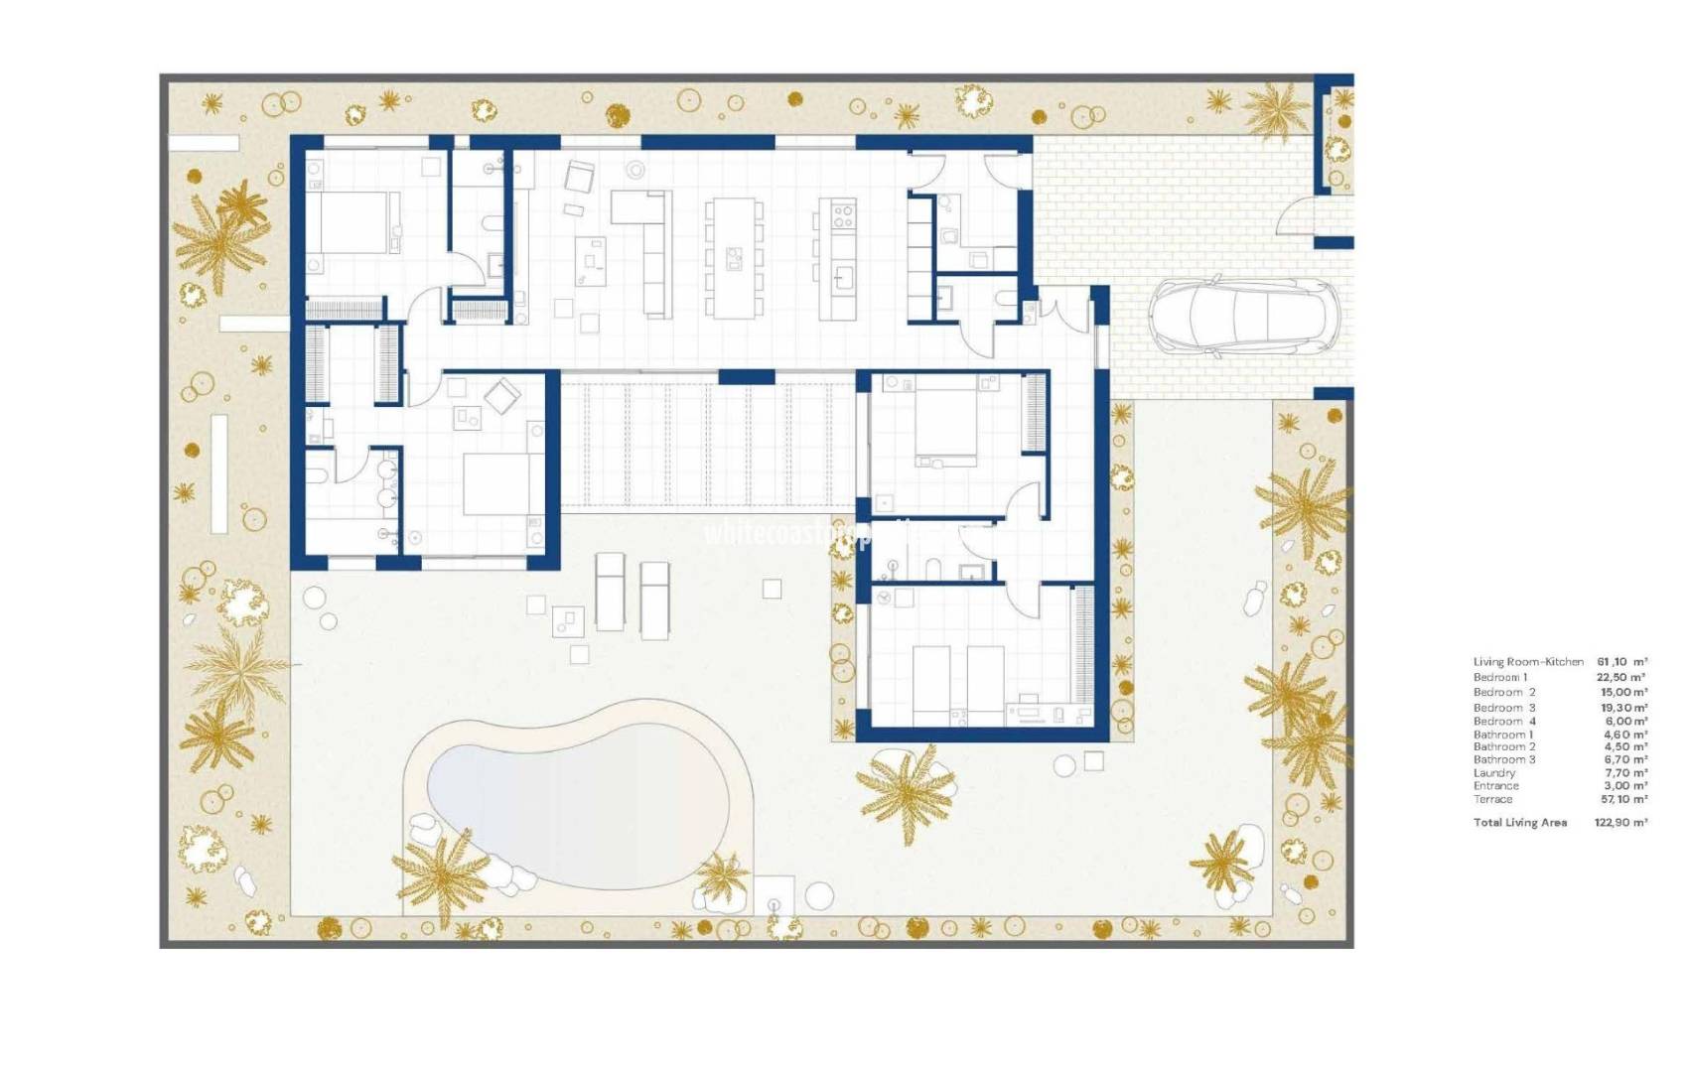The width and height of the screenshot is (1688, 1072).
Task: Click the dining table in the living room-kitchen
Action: (734, 259)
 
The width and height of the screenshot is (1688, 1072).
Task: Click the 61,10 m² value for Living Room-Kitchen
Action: (1621, 661)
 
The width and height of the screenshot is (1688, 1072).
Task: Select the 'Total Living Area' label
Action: (1519, 822)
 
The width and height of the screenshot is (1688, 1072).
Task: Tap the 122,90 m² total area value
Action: (1620, 822)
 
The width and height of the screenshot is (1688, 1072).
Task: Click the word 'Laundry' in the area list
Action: (1493, 772)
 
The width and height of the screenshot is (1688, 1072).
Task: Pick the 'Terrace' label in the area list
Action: (1492, 799)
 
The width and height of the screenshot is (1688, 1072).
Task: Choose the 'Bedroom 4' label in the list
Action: (1504, 721)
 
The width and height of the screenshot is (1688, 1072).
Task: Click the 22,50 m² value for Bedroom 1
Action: (1621, 677)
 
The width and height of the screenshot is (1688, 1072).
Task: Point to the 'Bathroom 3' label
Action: (1503, 759)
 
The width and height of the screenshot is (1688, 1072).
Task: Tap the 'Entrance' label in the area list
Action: (1495, 785)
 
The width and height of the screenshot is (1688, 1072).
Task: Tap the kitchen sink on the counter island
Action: (844, 276)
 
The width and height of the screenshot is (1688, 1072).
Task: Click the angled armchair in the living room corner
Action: (578, 178)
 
